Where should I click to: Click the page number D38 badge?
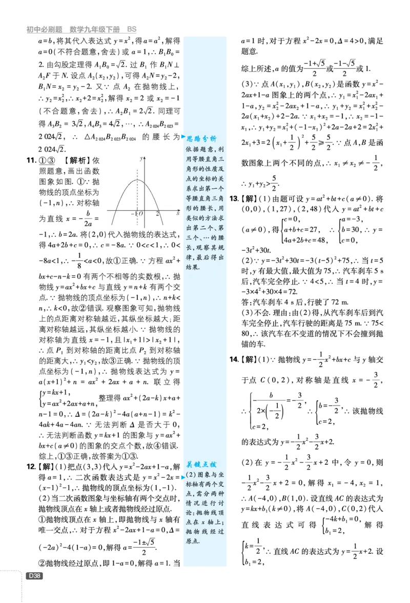click(x=34, y=576)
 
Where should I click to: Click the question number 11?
click(x=31, y=160)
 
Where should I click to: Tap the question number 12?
click(x=31, y=466)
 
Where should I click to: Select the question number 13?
click(x=234, y=199)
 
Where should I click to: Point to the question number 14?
click(x=234, y=359)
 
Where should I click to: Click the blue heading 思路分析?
click(x=202, y=138)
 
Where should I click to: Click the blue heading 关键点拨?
click(x=201, y=464)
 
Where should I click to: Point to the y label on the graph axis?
click(x=141, y=158)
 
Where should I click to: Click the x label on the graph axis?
click(x=178, y=212)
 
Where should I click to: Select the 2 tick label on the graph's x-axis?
click(x=157, y=213)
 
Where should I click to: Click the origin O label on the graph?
click(x=141, y=213)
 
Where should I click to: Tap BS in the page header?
click(x=132, y=29)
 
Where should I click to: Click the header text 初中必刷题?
click(x=44, y=29)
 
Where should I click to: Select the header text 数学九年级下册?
click(x=95, y=29)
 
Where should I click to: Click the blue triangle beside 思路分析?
click(x=183, y=137)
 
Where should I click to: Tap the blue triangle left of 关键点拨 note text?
click(x=183, y=477)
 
